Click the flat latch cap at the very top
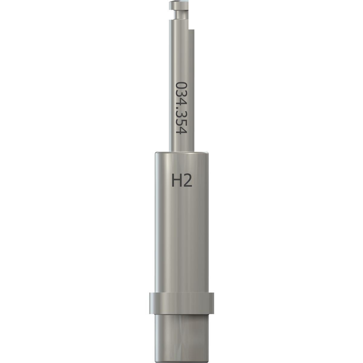pos(179,5)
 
